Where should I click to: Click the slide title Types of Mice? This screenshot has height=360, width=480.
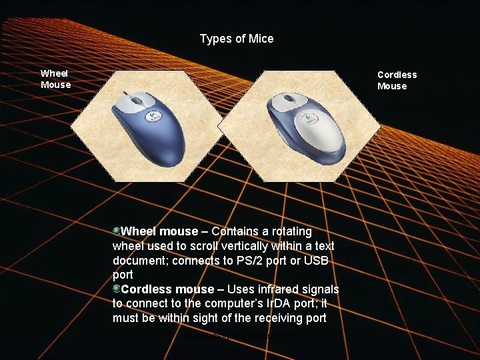[236, 39]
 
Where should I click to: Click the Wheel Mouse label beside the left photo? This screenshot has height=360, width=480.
[55, 79]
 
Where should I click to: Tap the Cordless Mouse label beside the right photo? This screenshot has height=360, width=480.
[397, 80]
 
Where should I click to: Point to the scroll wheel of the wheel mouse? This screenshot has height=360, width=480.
[137, 101]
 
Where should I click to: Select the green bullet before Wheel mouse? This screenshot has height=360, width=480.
[117, 231]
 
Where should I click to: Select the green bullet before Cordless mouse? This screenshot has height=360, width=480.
[117, 289]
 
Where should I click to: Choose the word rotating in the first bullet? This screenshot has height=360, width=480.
[291, 231]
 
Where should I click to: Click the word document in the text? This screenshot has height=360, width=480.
[139, 261]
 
